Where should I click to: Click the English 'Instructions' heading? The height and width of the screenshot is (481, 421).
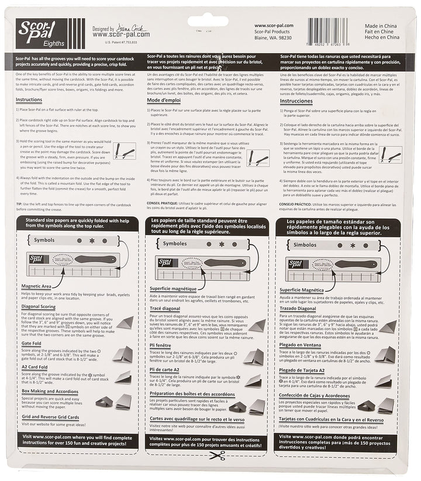click(29, 100)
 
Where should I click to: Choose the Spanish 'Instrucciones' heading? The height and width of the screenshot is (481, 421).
click(297, 101)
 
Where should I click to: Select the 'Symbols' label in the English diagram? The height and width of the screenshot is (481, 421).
click(44, 240)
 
